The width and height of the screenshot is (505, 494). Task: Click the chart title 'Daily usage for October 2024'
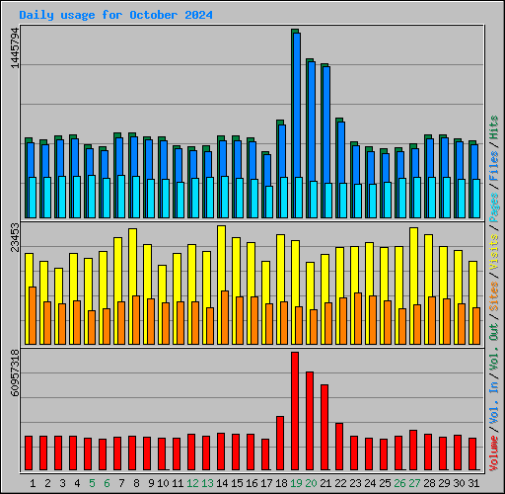[115, 16]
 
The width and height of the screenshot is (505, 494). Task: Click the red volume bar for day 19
[294, 410]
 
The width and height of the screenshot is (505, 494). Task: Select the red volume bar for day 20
[309, 420]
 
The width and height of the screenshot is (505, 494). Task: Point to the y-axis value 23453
[13, 245]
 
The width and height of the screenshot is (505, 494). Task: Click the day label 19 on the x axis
[295, 483]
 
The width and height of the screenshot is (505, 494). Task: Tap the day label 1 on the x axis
[33, 483]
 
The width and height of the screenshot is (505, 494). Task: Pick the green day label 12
[191, 483]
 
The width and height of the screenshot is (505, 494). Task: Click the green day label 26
[398, 483]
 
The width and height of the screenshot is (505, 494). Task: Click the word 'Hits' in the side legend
[494, 126]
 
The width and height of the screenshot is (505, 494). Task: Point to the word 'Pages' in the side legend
[494, 205]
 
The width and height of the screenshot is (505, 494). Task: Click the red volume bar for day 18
[279, 443]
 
